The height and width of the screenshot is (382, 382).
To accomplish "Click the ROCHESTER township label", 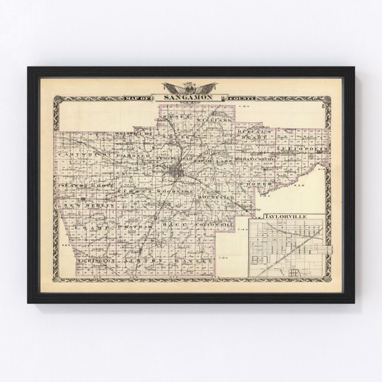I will (216, 199).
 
